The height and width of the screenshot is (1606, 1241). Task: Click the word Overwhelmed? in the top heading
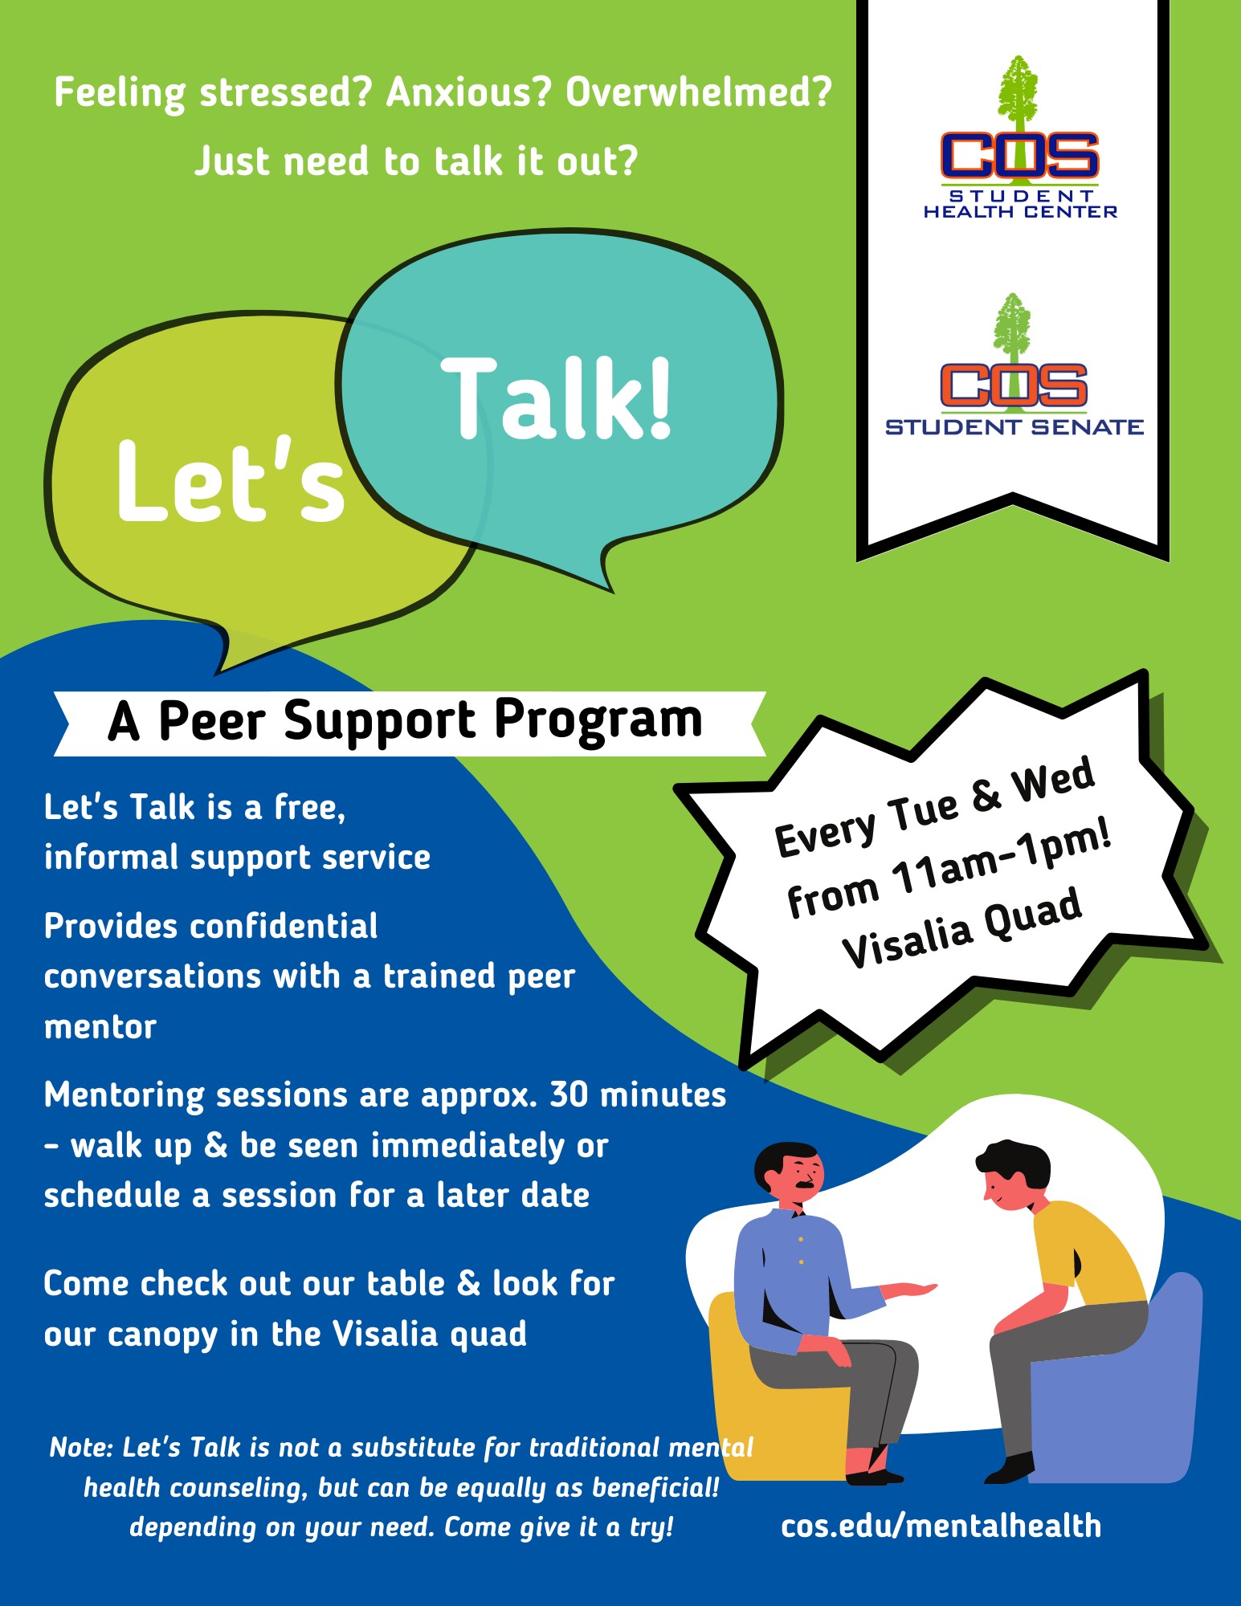699,92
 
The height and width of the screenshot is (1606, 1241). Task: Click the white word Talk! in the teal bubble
556,398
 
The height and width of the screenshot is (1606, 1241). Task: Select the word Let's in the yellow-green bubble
231,480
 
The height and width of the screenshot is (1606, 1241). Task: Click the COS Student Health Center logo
1019,137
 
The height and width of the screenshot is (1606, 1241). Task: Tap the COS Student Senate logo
1014,365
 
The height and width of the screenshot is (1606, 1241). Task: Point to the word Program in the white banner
598,719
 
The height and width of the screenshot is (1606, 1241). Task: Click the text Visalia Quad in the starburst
961,928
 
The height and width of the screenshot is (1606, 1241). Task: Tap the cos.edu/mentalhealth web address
941,1525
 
